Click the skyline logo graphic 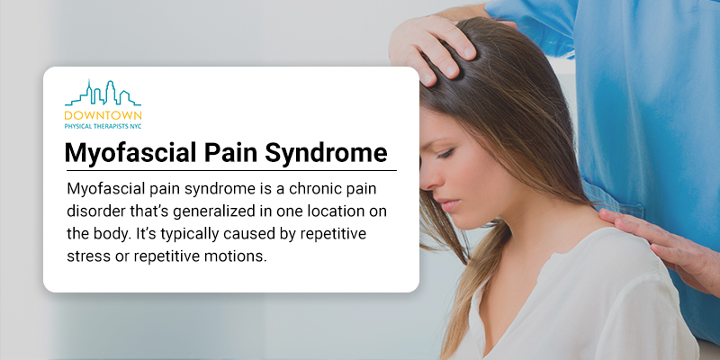tap(103, 94)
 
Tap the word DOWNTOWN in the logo tap(103, 115)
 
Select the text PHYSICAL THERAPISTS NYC tap(103, 125)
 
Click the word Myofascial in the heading tap(130, 154)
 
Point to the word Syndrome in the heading tap(326, 154)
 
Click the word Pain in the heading tap(230, 152)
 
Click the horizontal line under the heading tap(231, 170)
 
